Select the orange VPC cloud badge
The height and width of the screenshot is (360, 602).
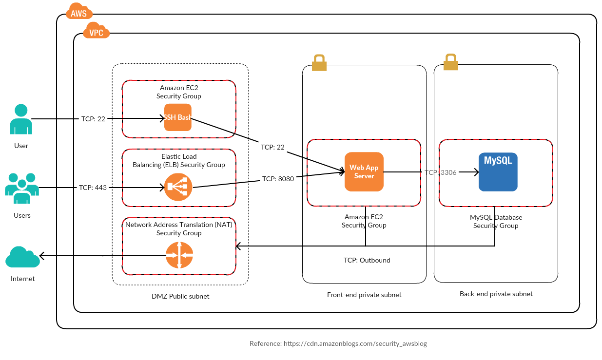pos(96,32)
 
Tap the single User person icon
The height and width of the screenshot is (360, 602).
pos(21,119)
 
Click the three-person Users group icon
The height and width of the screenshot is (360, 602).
pos(22,188)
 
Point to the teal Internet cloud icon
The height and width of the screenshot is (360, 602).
pos(22,257)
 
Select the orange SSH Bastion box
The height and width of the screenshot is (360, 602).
pos(178,117)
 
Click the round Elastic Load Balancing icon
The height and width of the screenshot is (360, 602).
pos(178,187)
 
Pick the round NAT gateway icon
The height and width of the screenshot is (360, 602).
pos(179,255)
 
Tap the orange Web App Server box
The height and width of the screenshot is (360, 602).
pos(364,171)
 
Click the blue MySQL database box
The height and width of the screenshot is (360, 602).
pos(498,171)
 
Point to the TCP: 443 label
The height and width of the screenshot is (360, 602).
pos(93,188)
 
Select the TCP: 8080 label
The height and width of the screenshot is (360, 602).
pos(278,179)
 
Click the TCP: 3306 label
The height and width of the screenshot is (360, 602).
pos(440,172)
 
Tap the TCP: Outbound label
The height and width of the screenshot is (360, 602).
pos(367,260)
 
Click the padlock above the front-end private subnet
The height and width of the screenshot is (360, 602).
pos(319,62)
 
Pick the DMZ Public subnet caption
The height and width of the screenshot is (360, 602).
pos(180,296)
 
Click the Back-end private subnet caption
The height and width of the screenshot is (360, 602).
pos(496,294)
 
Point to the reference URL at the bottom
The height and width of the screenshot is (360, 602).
pos(338,343)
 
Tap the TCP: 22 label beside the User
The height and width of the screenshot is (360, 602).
pos(93,119)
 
